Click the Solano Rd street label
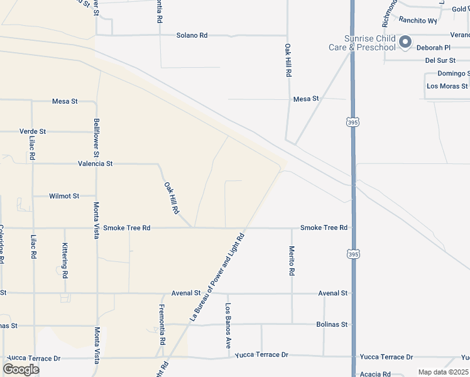(x=192, y=36)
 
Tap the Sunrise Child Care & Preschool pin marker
(x=405, y=42)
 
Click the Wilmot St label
(x=64, y=196)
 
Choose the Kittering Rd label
(x=65, y=261)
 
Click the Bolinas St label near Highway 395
(x=332, y=324)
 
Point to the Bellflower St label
(x=96, y=136)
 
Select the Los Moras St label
(x=447, y=85)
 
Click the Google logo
(x=21, y=369)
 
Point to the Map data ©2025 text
(x=443, y=372)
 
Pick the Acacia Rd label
(x=375, y=374)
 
